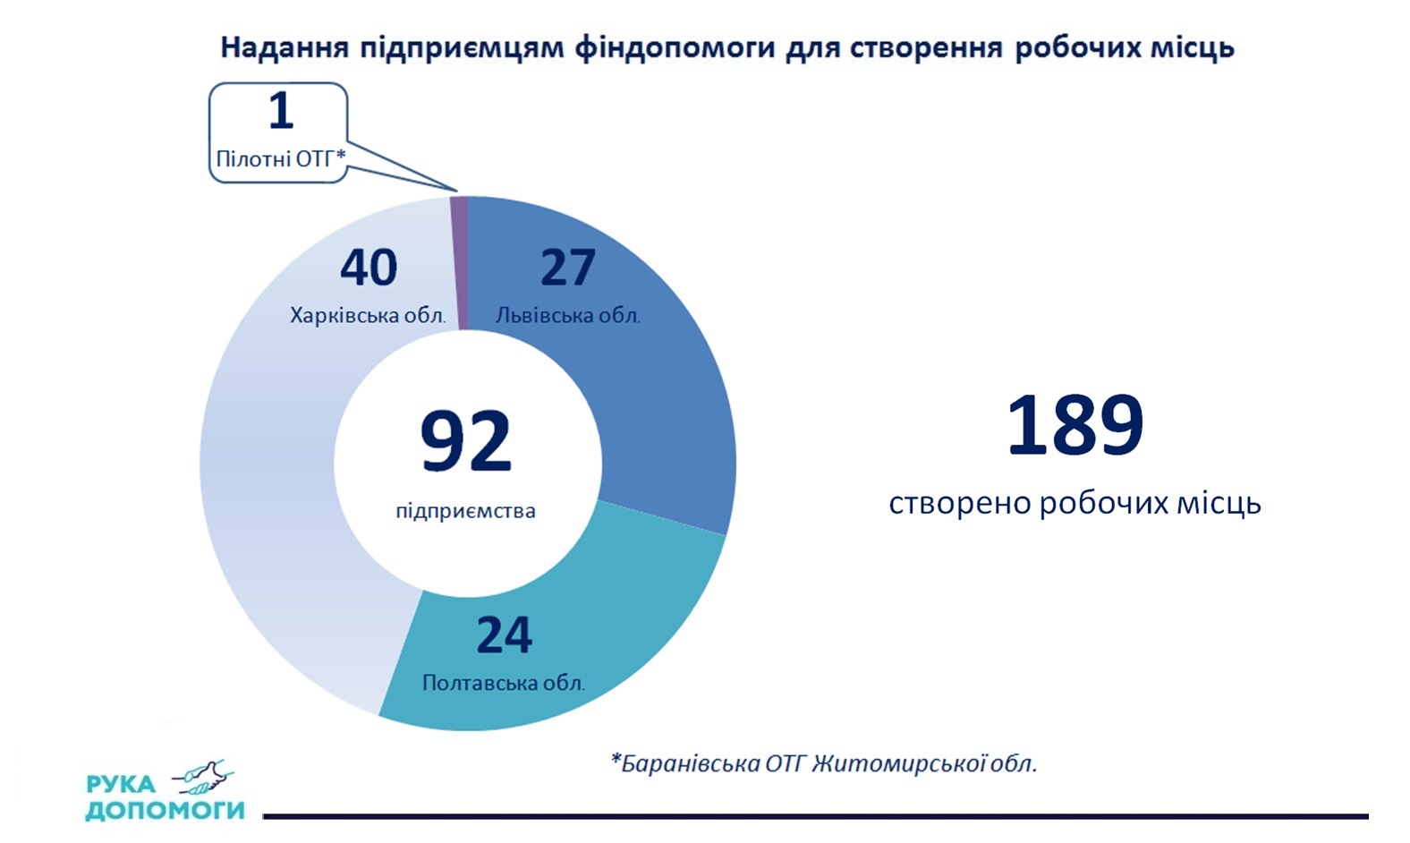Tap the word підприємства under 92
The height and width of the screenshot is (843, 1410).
(x=465, y=511)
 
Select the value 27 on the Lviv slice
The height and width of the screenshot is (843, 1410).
(x=567, y=268)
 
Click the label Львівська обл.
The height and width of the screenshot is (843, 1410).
(x=567, y=315)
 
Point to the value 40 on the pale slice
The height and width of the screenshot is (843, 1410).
(x=369, y=268)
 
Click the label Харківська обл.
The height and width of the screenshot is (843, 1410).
(x=367, y=315)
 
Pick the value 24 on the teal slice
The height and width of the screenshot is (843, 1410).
(x=504, y=635)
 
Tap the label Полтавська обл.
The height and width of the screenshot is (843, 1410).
(x=503, y=683)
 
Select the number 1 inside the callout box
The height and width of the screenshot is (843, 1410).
(x=281, y=111)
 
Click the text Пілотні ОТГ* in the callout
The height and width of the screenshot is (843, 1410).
(x=280, y=158)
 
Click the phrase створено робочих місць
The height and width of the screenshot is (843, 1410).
(x=1074, y=503)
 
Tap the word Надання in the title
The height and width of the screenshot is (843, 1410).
(x=284, y=47)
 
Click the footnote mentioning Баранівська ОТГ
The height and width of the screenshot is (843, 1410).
(x=823, y=763)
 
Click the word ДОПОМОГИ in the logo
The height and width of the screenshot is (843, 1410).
(x=165, y=810)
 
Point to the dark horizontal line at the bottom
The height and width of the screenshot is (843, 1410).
(x=814, y=816)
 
